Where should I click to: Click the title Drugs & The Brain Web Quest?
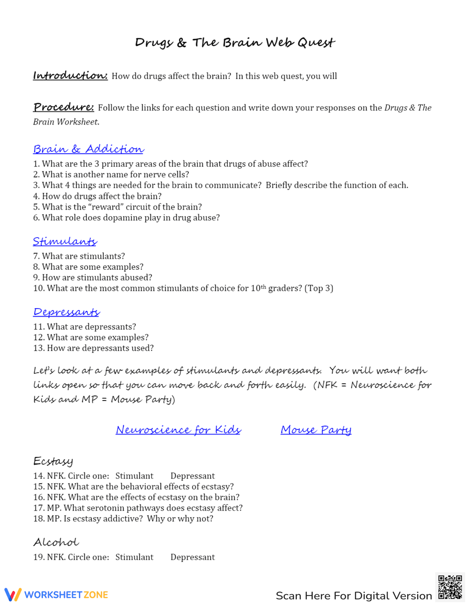coord(235,43)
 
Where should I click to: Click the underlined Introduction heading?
coord(70,76)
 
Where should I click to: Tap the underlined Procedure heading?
coord(64,107)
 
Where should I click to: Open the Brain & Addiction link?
coord(88,149)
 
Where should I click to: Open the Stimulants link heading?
coord(65,241)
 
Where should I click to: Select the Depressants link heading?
coord(66,312)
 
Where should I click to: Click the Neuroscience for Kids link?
coord(178,430)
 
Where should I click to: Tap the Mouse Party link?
coord(316,430)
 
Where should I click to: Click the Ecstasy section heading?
coord(53,462)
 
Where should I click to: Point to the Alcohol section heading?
coord(56,542)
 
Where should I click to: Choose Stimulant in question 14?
coord(134,476)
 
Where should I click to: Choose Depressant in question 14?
coord(192,476)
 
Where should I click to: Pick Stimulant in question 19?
coord(134,557)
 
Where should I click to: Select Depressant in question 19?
coord(192,557)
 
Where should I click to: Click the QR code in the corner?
coord(450,587)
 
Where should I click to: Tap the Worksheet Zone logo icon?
coord(13,595)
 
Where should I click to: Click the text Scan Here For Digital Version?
coord(354,596)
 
